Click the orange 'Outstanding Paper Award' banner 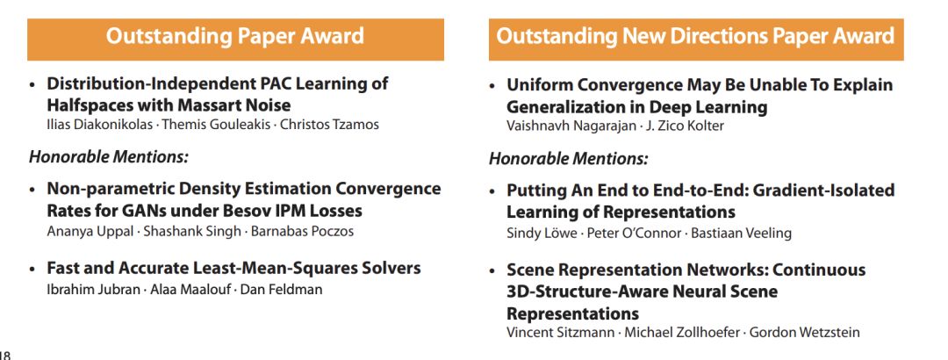pyautogui.click(x=235, y=40)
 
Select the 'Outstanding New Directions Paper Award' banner pyautogui.click(x=696, y=40)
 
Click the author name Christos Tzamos pyautogui.click(x=329, y=126)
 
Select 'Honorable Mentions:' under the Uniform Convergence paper pyautogui.click(x=568, y=160)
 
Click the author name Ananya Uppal pyautogui.click(x=90, y=232)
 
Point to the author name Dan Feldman pyautogui.click(x=281, y=290)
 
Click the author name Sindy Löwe pyautogui.click(x=542, y=234)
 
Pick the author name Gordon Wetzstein pyautogui.click(x=805, y=333)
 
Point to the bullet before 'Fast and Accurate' pyautogui.click(x=33, y=270)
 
